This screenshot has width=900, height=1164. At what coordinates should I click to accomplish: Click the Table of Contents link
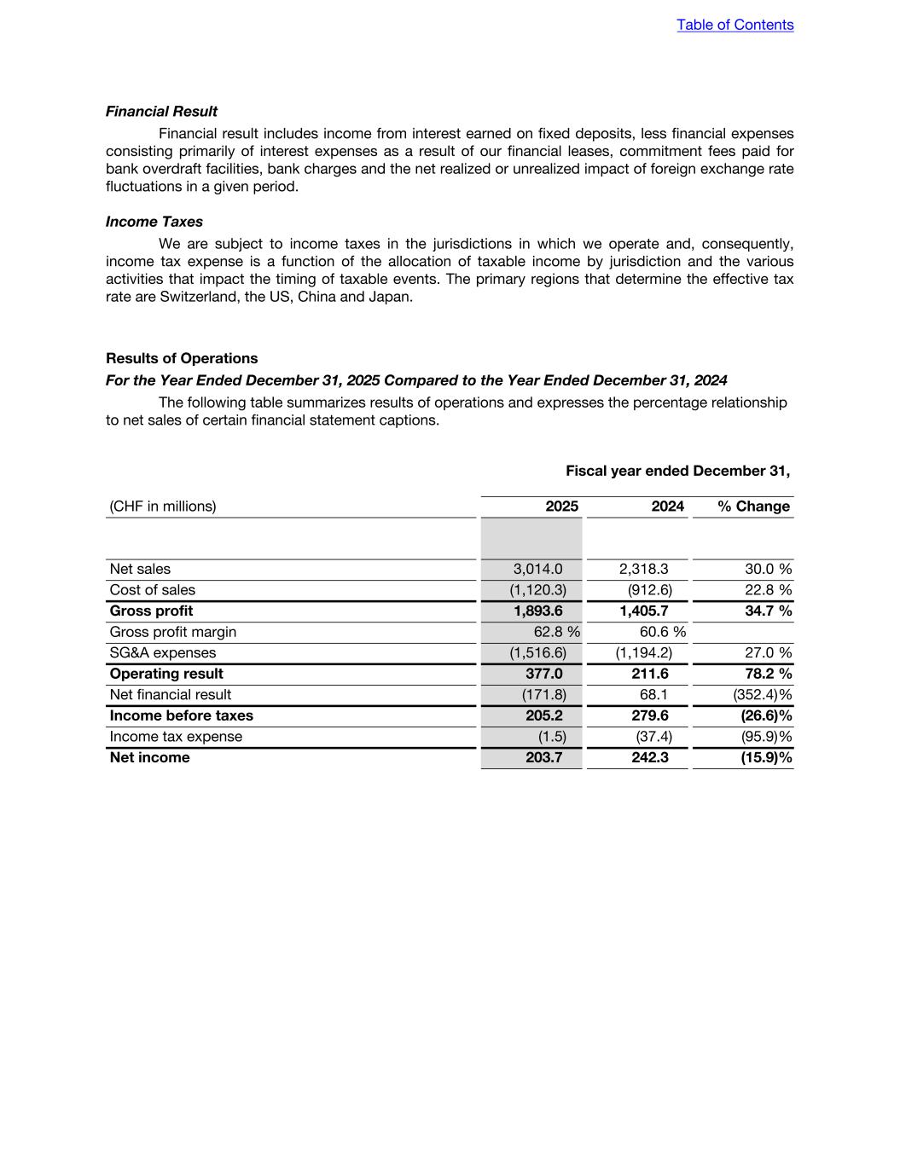[x=735, y=25]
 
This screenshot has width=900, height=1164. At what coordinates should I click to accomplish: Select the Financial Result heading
[x=161, y=112]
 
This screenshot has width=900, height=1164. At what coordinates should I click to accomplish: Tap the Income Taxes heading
[x=154, y=222]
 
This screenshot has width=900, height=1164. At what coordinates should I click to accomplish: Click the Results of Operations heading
[x=182, y=358]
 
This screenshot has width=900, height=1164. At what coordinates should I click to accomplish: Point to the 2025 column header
[x=561, y=507]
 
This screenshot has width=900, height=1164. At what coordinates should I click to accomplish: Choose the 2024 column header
[x=667, y=507]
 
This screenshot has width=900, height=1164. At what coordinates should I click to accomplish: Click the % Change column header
[x=753, y=507]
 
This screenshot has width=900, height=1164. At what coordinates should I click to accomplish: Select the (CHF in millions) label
[x=163, y=507]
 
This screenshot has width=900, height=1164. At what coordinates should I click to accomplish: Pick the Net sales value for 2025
[x=537, y=569]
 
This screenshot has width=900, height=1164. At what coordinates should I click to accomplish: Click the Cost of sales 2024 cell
[x=649, y=590]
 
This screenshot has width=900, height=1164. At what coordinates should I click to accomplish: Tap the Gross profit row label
[x=151, y=611]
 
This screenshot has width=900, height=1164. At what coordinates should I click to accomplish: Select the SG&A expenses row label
[x=163, y=652]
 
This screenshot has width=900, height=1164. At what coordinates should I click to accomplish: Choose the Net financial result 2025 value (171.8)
[x=543, y=695]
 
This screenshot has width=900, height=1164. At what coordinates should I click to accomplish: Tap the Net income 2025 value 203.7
[x=543, y=757]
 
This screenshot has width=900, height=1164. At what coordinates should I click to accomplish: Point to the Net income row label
[x=150, y=757]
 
